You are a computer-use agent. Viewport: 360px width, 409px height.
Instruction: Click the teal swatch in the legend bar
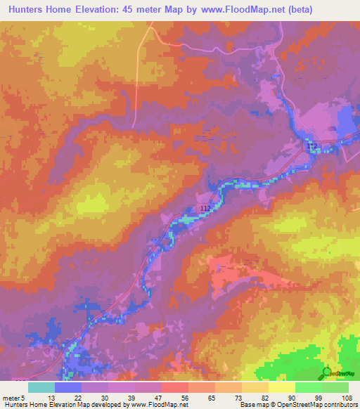point(41,387)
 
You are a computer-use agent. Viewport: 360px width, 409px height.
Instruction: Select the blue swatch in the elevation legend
point(68,387)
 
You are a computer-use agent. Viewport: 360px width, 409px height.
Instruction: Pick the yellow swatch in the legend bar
point(281,387)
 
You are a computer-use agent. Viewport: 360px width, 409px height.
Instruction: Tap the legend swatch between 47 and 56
point(175,387)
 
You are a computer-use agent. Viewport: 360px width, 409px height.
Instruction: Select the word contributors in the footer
point(340,405)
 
